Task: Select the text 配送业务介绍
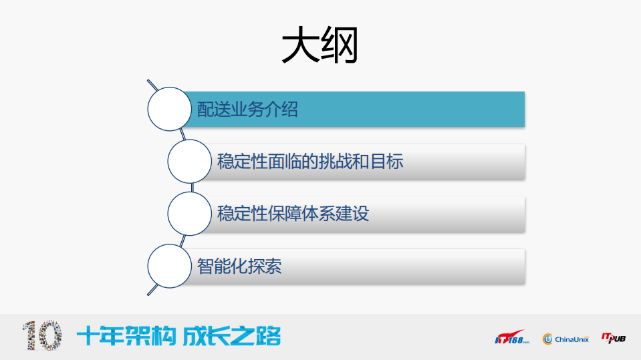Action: (247, 110)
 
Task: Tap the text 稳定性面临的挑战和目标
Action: (310, 162)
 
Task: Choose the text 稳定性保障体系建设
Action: (293, 214)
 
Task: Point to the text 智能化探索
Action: (239, 266)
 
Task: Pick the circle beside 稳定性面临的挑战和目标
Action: (190, 162)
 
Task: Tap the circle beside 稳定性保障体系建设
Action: (190, 214)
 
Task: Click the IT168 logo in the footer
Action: (511, 338)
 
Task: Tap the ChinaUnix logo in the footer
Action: (565, 339)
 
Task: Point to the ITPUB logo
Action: (614, 338)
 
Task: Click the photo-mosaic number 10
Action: (41, 336)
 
